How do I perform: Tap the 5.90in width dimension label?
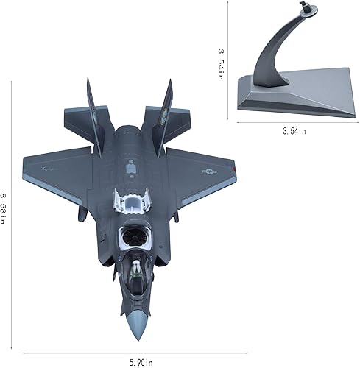[x=139, y=362]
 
